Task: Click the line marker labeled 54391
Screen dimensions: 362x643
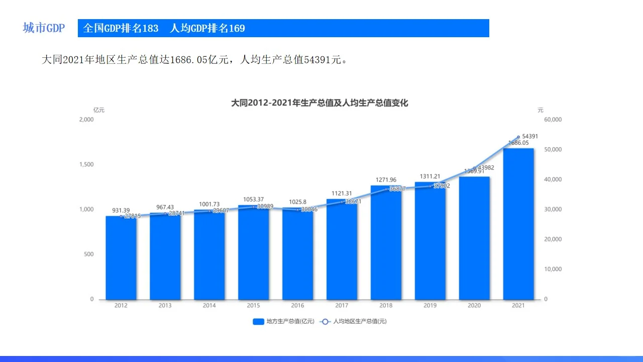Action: [518, 137]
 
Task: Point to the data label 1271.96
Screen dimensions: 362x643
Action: [386, 180]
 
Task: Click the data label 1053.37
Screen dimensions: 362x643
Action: [253, 200]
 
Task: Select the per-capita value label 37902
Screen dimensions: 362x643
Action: [441, 186]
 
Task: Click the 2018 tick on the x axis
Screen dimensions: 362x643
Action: [386, 305]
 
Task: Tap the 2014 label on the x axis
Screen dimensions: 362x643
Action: [209, 305]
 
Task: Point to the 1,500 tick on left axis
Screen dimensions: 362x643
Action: [86, 164]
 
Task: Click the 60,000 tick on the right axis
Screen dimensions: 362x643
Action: [553, 120]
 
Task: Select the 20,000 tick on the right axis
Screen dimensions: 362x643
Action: [553, 239]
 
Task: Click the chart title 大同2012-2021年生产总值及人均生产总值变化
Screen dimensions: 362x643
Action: [319, 103]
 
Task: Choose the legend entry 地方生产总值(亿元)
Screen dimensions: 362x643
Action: [284, 321]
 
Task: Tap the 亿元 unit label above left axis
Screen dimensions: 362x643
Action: [98, 110]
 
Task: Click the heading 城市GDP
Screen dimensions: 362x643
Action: [44, 28]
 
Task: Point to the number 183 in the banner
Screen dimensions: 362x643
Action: [150, 29]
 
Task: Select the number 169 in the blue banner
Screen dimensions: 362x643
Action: [237, 29]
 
